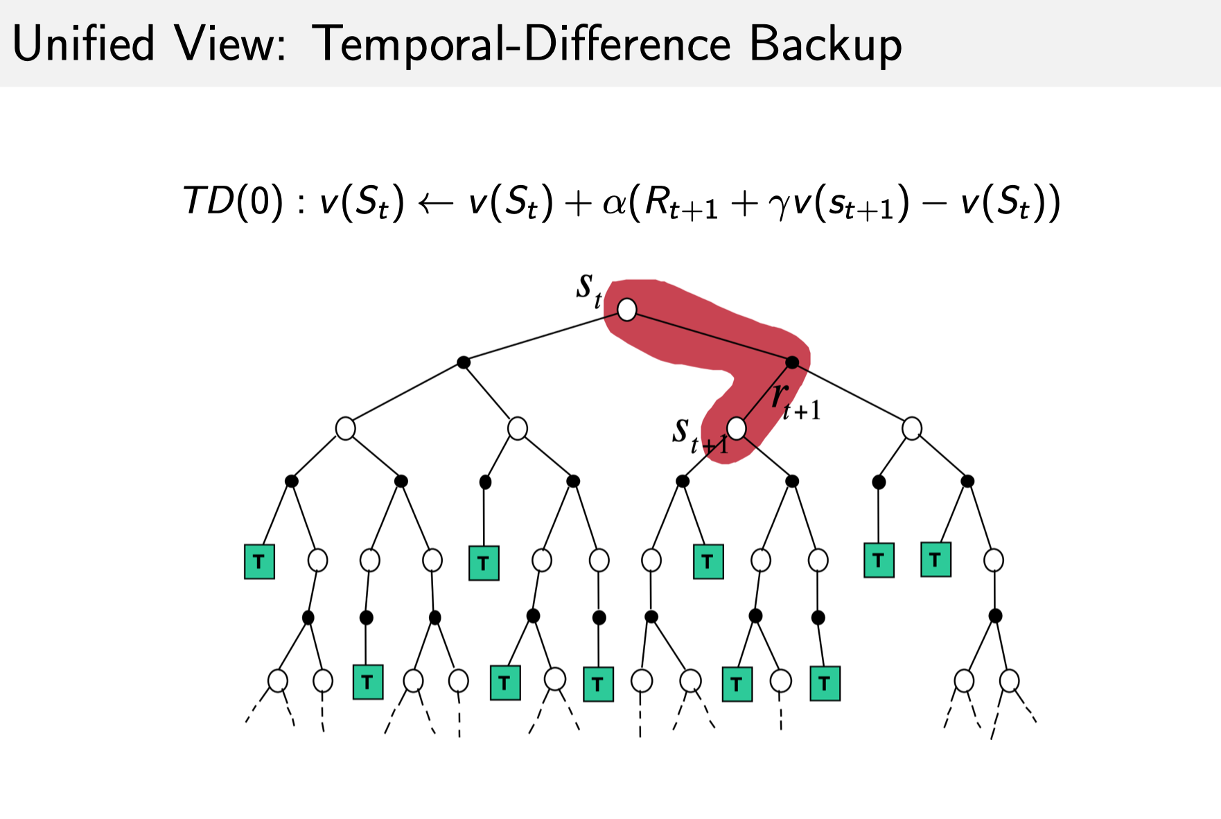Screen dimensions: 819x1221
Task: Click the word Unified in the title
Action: pos(83,44)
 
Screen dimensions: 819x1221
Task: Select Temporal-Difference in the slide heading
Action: pos(522,44)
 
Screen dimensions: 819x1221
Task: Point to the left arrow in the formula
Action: pos(436,203)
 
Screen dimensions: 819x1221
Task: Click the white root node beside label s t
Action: pos(626,310)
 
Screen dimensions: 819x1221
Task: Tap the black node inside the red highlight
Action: pos(792,362)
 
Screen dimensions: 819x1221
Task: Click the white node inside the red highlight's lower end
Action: pos(737,428)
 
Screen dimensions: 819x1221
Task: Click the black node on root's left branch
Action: pos(464,362)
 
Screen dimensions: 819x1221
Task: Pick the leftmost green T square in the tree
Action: pos(259,561)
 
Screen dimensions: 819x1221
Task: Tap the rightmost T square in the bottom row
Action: pos(825,684)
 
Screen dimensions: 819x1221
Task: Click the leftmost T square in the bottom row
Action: pos(367,682)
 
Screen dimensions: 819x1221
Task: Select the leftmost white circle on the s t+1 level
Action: pos(345,428)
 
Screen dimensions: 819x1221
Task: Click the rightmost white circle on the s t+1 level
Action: pos(912,428)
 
